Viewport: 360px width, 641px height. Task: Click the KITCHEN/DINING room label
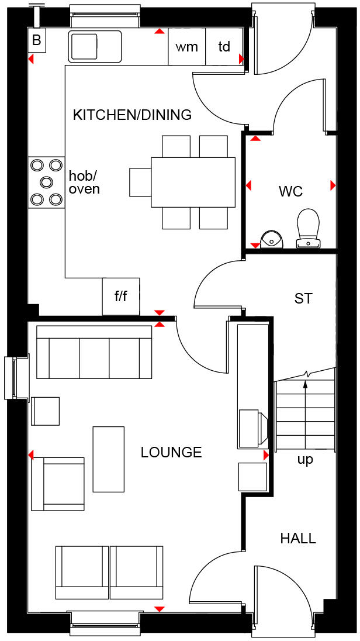[x=132, y=115]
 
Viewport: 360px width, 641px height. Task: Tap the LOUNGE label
[x=171, y=452]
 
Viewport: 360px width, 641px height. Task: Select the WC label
[x=290, y=191]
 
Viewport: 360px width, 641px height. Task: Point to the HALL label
[x=298, y=538]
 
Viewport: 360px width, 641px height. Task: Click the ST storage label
[x=303, y=298]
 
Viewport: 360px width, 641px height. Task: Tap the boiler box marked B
[x=37, y=40]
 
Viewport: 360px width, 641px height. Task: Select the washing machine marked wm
[x=187, y=47]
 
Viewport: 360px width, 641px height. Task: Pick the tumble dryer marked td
[x=224, y=47]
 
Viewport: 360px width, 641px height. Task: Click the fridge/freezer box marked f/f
[x=121, y=296]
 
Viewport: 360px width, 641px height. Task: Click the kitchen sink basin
[x=85, y=45]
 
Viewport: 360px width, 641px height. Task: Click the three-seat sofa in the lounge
[x=94, y=352]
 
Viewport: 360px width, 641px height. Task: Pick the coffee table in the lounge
[x=108, y=459]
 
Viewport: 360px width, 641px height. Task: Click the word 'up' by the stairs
[x=305, y=460]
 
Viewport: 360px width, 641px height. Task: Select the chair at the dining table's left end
[x=140, y=182]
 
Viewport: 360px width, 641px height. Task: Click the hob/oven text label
[x=84, y=182]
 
